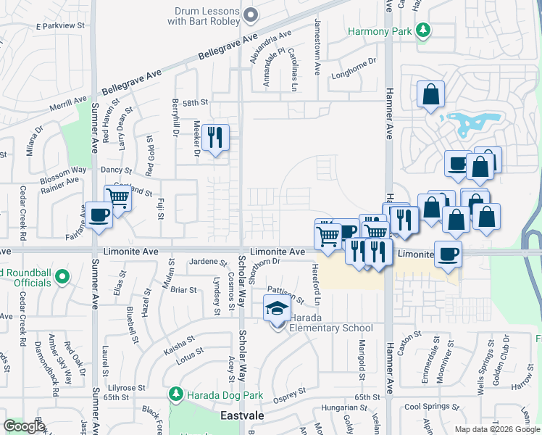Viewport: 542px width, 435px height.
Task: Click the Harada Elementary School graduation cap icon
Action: click(x=275, y=310)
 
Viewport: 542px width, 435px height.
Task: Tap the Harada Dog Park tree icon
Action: click(x=175, y=394)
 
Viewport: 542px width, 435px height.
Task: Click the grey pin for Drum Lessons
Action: click(x=251, y=14)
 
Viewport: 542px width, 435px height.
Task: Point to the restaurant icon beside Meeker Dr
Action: click(x=214, y=138)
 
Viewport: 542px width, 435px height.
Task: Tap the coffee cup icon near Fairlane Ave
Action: click(x=99, y=215)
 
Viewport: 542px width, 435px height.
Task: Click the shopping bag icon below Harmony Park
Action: click(x=430, y=94)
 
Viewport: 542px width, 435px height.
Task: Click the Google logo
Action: click(x=24, y=426)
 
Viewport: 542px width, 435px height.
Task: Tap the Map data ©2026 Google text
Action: click(x=497, y=429)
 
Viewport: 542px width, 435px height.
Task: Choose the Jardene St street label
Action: click(x=202, y=261)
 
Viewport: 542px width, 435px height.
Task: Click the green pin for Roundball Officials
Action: click(x=62, y=275)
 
